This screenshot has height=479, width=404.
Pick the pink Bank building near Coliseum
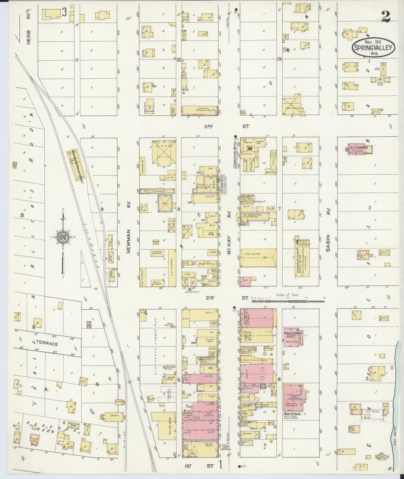point(245,280)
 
